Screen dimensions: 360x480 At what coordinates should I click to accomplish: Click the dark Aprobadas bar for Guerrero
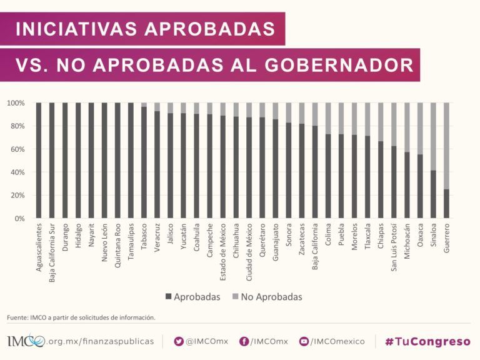tap(446, 204)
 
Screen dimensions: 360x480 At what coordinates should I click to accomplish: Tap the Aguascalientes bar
tap(39, 161)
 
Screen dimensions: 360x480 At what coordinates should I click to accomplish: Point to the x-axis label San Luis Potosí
tap(394, 247)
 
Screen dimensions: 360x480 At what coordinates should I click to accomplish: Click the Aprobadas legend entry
tap(192, 297)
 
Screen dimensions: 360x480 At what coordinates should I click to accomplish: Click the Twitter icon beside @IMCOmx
tap(179, 341)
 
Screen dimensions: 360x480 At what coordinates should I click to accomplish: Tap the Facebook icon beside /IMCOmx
tap(244, 341)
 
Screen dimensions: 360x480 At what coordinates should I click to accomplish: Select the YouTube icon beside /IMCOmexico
tap(304, 341)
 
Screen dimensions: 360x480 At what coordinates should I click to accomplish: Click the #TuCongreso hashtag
tap(427, 341)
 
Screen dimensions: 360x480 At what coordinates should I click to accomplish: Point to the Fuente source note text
tap(81, 317)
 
